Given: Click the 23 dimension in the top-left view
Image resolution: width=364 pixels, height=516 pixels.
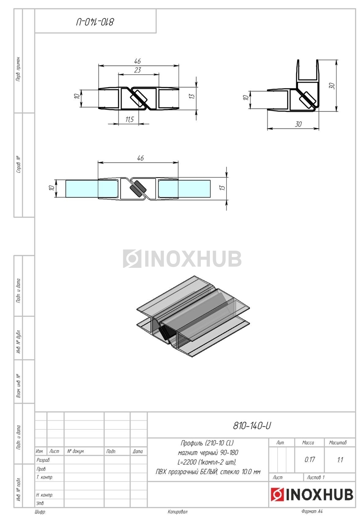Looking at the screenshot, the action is [x=137, y=70].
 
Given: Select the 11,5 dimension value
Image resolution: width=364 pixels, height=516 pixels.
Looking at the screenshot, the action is [x=130, y=120].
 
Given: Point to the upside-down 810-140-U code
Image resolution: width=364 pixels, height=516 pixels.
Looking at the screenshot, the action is [x=95, y=22].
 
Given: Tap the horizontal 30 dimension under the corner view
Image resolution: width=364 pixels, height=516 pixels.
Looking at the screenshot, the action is [x=298, y=124].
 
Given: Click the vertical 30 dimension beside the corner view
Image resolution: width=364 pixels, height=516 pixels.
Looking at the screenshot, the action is [x=332, y=86].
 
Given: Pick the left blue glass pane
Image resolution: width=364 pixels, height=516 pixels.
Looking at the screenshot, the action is [x=82, y=189].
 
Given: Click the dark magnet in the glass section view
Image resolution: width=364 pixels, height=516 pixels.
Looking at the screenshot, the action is [x=137, y=188].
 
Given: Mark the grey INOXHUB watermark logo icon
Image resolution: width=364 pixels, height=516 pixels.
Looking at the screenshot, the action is [x=132, y=258].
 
